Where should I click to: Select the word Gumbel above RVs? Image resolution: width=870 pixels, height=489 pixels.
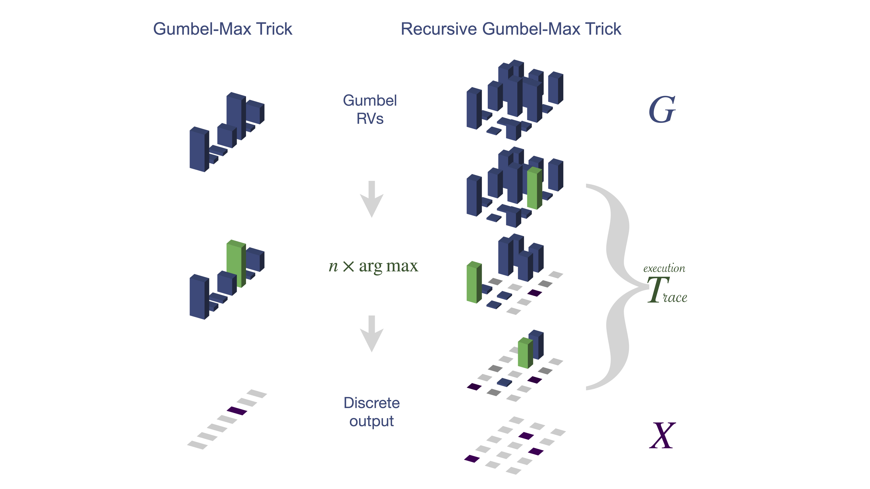[370, 101]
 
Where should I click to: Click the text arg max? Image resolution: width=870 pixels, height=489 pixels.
[388, 266]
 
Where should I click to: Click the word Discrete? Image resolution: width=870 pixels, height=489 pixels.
[371, 403]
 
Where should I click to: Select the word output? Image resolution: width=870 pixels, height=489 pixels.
[371, 421]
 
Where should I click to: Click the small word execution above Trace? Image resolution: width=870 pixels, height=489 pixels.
[664, 269]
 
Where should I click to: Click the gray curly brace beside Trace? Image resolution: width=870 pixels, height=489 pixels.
[615, 287]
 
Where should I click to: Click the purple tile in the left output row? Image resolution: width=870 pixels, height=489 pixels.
[237, 411]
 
